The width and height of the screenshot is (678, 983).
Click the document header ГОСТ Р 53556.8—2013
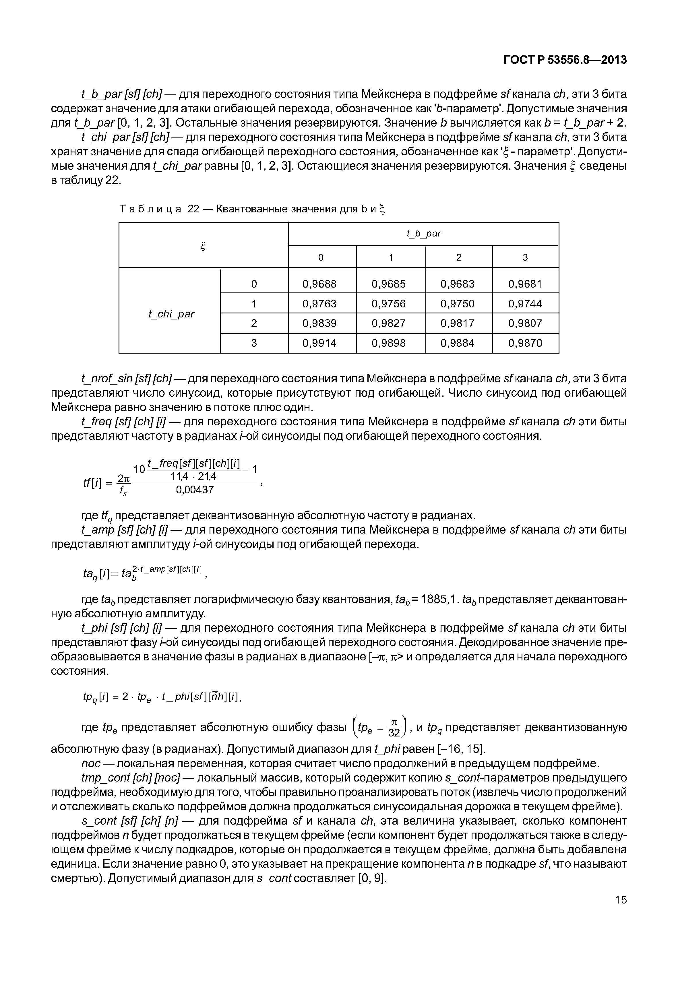pyautogui.click(x=565, y=60)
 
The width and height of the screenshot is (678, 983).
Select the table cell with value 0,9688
pyautogui.click(x=319, y=284)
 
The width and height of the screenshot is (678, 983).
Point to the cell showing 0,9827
pyautogui.click(x=389, y=323)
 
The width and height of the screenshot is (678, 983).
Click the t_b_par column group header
pyautogui.click(x=424, y=234)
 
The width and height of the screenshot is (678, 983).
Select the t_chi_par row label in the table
pyautogui.click(x=171, y=314)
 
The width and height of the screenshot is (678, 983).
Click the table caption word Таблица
pyautogui.click(x=150, y=209)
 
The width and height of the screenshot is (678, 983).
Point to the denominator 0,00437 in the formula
pyautogui.click(x=195, y=490)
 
